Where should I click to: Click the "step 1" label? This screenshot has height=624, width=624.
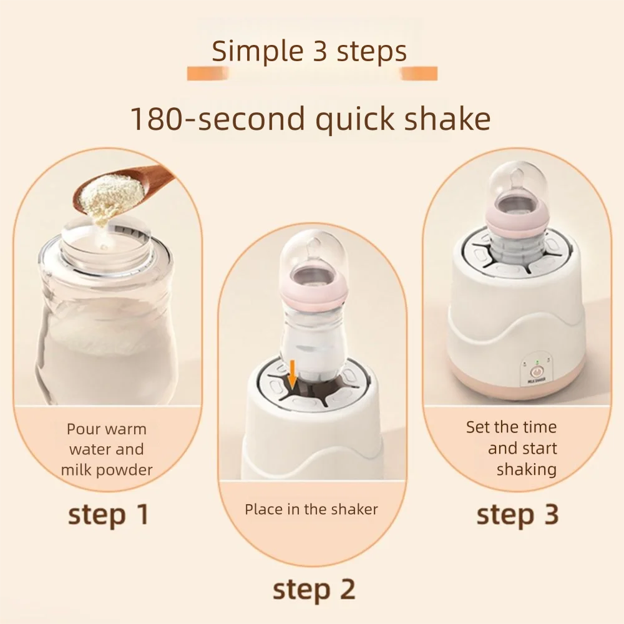point(109,515)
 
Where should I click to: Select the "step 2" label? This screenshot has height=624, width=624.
point(314,589)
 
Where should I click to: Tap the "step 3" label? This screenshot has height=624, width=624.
point(517,515)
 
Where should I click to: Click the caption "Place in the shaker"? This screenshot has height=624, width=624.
point(311,509)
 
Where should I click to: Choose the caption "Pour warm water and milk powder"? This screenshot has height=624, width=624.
point(107,449)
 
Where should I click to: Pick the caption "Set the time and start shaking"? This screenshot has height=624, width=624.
point(512,448)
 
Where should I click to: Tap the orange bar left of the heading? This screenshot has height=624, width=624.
point(208,74)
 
